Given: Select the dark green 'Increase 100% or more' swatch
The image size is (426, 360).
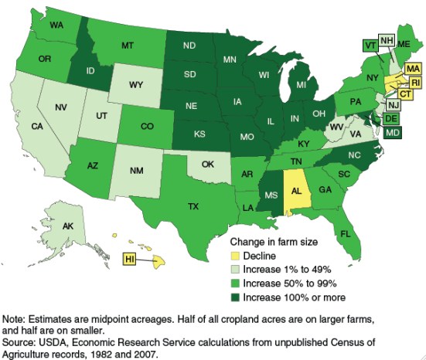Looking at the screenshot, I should (234, 297).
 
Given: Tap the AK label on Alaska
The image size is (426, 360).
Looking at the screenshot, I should (45, 227).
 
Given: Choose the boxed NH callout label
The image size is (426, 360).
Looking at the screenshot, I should (386, 39).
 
